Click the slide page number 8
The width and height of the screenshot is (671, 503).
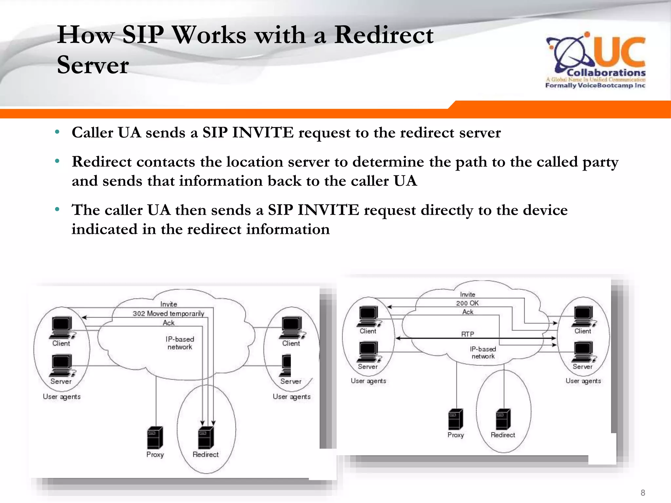[643, 493]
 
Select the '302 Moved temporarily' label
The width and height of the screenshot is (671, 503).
[168, 313]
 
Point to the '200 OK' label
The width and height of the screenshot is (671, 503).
[467, 303]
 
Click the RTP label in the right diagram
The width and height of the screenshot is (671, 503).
[468, 334]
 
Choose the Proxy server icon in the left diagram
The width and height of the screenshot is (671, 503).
[155, 437]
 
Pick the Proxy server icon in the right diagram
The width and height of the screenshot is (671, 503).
[456, 419]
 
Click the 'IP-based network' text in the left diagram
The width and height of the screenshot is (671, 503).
[180, 343]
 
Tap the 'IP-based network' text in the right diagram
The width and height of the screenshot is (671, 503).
[483, 353]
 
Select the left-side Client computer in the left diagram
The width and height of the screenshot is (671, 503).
[62, 327]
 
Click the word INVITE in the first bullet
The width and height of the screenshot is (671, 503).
[263, 133]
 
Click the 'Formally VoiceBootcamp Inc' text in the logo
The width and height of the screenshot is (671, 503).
[595, 85]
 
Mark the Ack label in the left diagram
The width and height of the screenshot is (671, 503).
[169, 323]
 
